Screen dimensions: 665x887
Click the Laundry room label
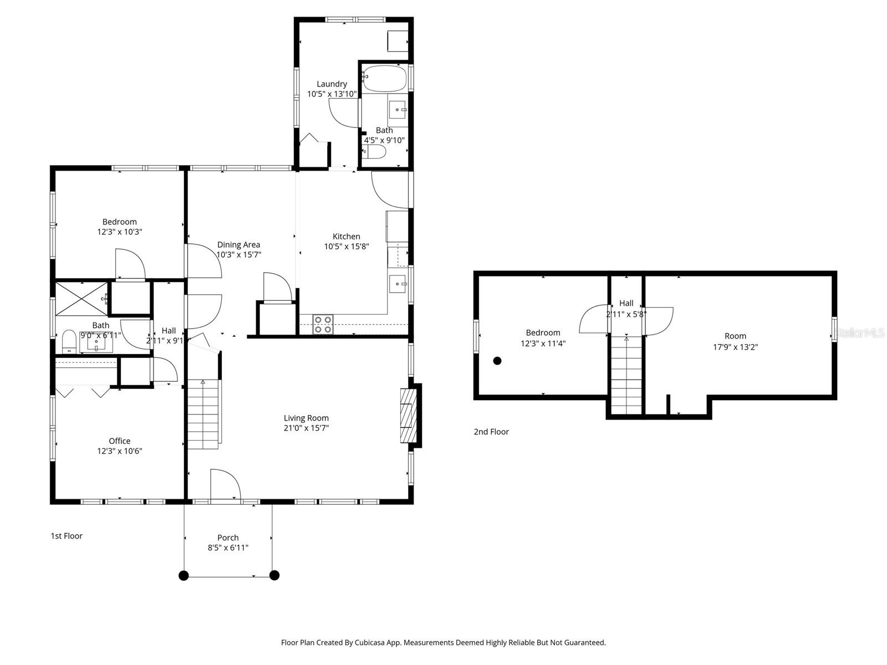[x=332, y=84]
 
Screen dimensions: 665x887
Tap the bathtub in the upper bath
[x=385, y=78]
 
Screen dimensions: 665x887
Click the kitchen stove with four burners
[x=323, y=324]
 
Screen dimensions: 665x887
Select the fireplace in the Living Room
[x=409, y=415]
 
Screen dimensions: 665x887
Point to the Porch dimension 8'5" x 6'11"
[x=228, y=548]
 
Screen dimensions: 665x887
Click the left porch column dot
[x=184, y=575]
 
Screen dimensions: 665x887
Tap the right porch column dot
[x=274, y=575]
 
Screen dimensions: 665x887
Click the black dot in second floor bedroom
[x=497, y=361]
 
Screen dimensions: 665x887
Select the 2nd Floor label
[x=491, y=432]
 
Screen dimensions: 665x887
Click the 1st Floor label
[x=67, y=536]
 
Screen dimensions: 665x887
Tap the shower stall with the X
[x=81, y=298]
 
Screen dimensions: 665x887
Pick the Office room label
[x=120, y=441]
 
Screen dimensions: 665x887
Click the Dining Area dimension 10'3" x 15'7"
[x=238, y=255]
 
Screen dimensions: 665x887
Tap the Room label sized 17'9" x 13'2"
[x=735, y=336]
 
